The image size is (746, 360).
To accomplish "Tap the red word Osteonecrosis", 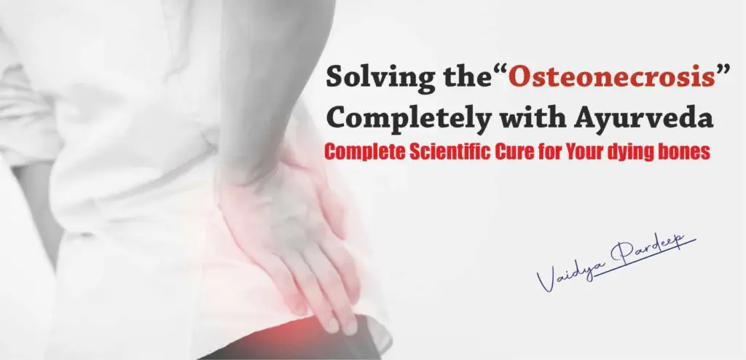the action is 612,77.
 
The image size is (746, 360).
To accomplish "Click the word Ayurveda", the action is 644,117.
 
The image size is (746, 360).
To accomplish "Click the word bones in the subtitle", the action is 684,152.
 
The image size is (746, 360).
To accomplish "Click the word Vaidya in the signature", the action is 567,273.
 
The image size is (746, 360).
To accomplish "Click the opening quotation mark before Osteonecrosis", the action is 500,71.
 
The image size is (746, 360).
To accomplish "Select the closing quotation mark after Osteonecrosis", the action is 723,71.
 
